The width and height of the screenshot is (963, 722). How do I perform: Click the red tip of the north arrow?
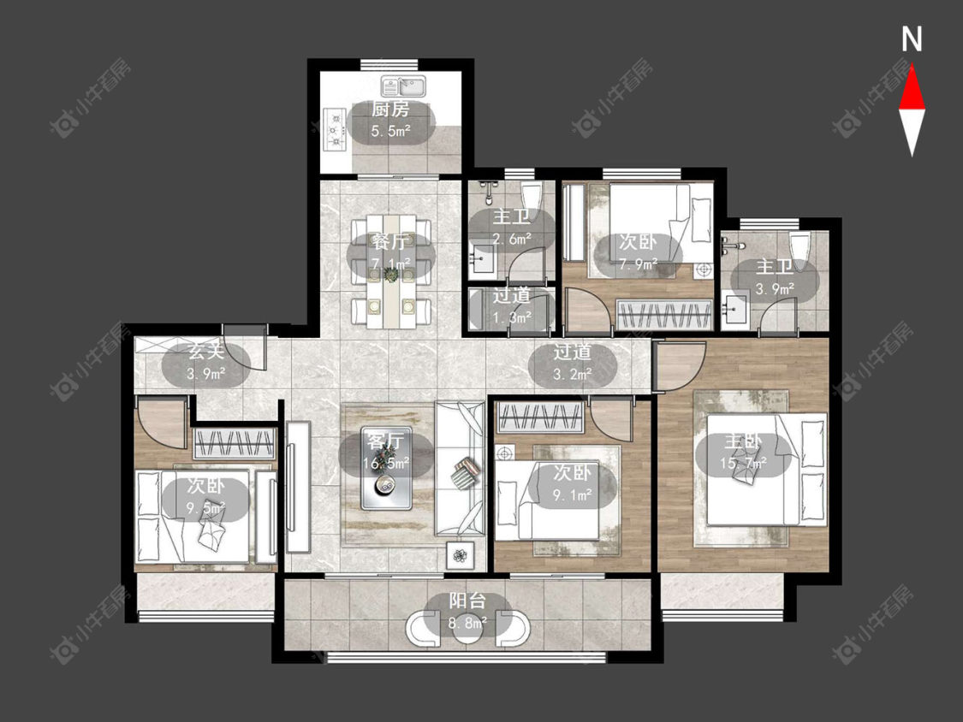click(912, 66)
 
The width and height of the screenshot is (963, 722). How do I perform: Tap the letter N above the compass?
click(912, 39)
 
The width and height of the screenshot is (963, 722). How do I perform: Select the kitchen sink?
click(403, 86)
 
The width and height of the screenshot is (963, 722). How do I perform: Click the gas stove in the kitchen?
click(336, 130)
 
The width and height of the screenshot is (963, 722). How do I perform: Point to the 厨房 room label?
click(390, 109)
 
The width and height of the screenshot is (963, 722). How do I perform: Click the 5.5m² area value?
click(390, 131)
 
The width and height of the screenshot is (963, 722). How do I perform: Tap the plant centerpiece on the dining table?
click(391, 273)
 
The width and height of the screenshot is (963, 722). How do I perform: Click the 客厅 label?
click(385, 441)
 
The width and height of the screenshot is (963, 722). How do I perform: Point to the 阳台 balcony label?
click(467, 600)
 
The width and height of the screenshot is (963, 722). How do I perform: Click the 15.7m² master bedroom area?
click(743, 463)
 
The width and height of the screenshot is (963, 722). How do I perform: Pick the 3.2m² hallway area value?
click(573, 373)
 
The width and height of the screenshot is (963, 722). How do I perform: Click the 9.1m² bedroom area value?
click(573, 494)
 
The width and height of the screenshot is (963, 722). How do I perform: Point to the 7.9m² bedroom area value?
click(638, 263)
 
